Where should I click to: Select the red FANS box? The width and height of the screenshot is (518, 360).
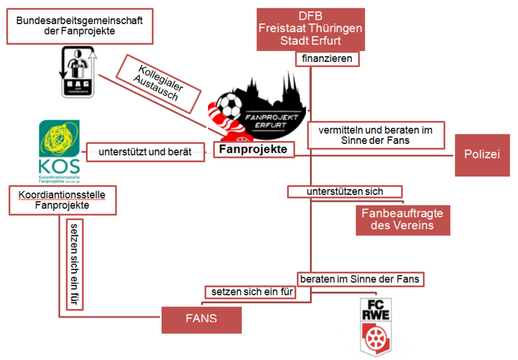[x=201, y=319]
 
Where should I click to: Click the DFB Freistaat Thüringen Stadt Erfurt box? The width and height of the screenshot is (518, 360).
[x=311, y=29]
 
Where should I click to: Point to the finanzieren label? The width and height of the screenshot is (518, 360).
[x=327, y=59]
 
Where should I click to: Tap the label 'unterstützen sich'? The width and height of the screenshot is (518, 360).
[x=345, y=191]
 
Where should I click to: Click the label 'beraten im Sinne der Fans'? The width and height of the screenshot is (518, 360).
[x=360, y=279]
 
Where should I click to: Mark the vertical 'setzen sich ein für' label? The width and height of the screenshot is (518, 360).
[x=74, y=264]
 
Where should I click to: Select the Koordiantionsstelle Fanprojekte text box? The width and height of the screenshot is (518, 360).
[x=62, y=200]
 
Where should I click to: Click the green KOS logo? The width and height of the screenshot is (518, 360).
[x=59, y=150]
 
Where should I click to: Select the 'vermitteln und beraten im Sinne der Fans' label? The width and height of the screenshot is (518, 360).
[x=377, y=135]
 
